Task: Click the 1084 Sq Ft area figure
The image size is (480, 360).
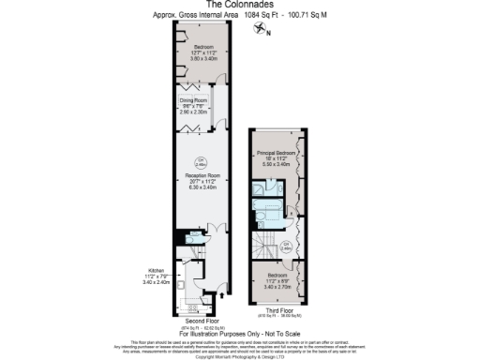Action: [x=253, y=15]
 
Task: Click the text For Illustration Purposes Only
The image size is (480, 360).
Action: [x=239, y=334]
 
